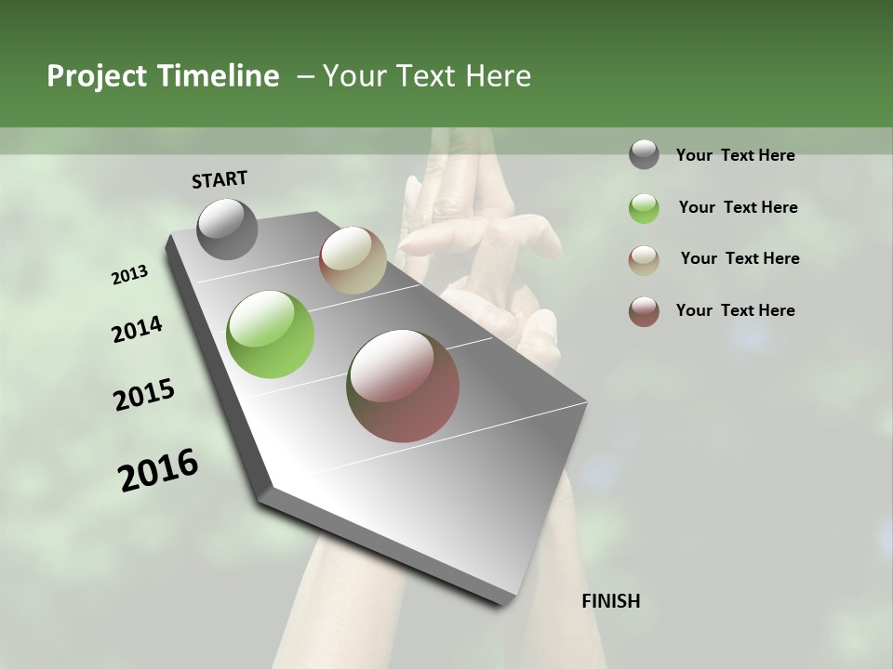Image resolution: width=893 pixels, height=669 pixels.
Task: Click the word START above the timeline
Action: point(220,178)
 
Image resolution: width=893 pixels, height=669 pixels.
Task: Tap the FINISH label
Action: point(611,601)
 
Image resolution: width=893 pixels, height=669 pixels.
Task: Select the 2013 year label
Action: point(130,275)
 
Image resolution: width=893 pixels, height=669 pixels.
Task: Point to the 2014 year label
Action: point(137,329)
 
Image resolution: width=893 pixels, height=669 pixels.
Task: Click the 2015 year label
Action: point(144,395)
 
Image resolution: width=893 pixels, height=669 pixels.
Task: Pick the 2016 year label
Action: point(158,469)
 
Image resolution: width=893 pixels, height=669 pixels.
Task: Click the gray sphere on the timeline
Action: point(227,230)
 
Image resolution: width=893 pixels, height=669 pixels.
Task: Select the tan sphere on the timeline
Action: point(353,260)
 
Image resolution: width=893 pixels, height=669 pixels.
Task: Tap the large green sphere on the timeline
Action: point(271,334)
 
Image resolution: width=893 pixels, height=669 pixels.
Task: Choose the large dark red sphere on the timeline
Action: point(403,386)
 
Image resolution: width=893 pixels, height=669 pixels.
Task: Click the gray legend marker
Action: point(644,155)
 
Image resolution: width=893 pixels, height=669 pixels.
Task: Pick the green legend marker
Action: point(644,208)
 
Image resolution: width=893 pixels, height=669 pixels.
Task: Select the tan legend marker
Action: point(644,259)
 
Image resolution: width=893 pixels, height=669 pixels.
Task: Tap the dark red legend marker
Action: point(644,311)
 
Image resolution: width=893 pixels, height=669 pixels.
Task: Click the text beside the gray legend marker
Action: point(735,155)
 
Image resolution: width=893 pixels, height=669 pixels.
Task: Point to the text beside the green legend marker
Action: point(738,207)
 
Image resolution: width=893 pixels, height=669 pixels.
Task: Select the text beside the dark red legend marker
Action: point(735,310)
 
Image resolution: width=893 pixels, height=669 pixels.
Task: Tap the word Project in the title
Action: point(97,76)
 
